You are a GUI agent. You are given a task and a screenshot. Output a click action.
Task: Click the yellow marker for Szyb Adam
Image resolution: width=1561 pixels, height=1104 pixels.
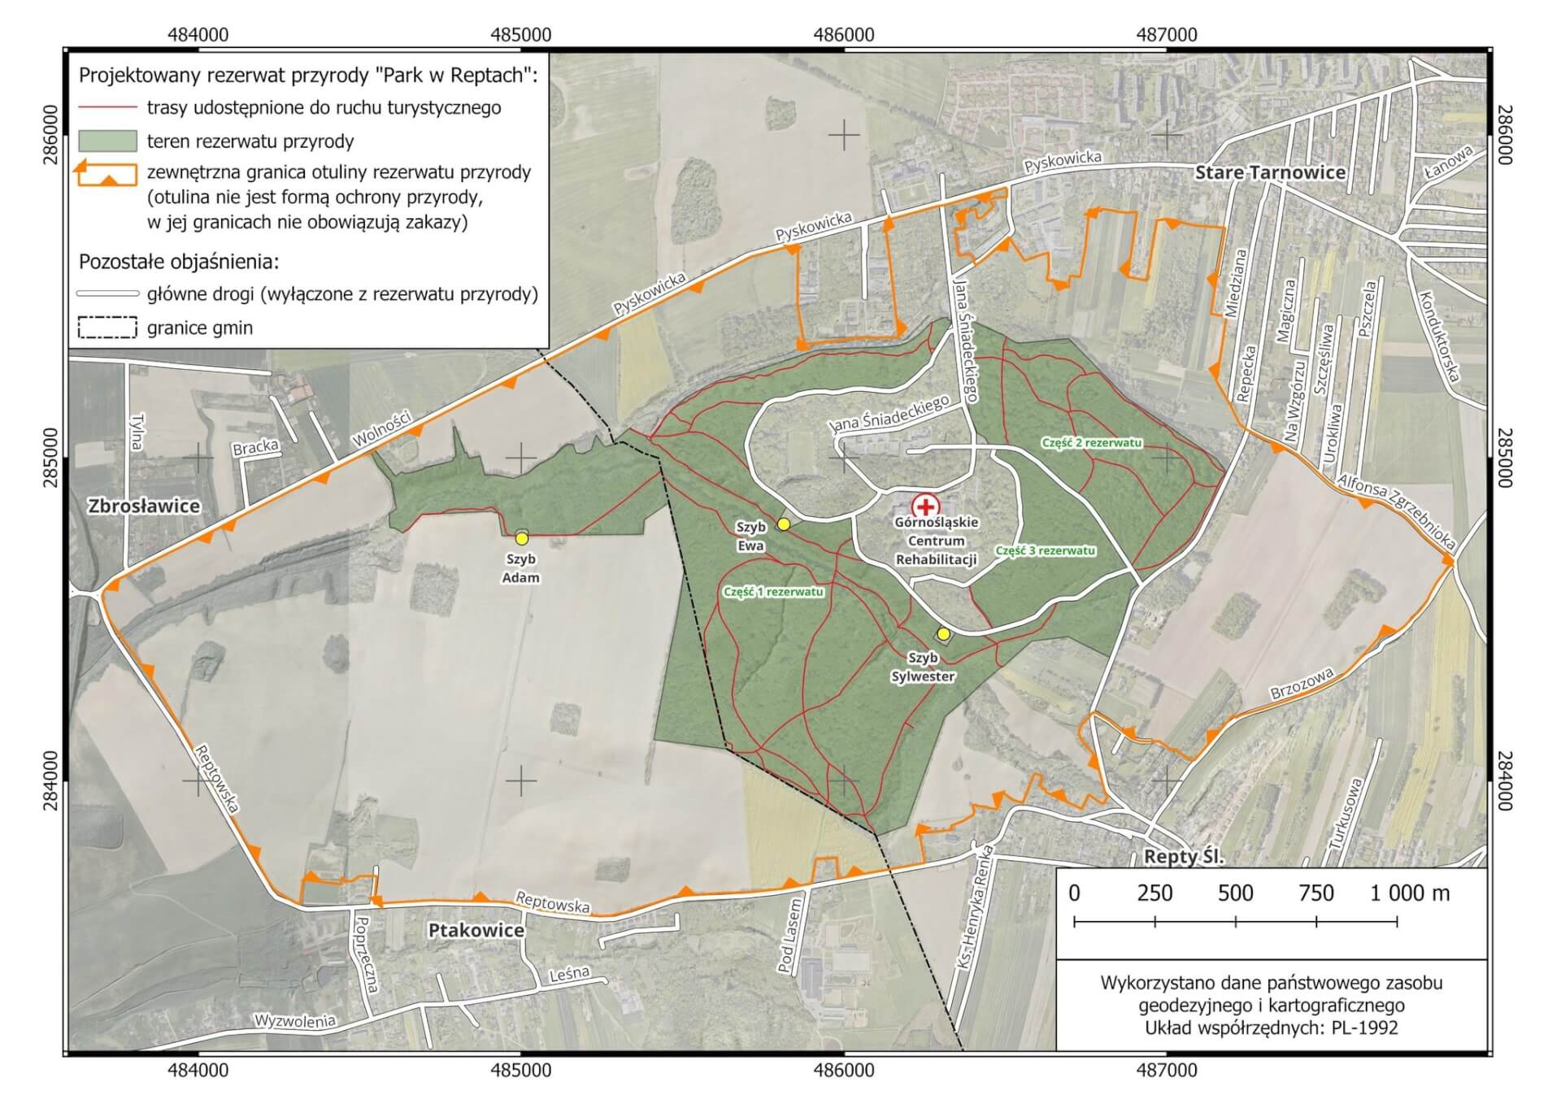click(522, 538)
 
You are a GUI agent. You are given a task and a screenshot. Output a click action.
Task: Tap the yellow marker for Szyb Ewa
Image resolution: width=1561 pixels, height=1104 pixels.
click(783, 524)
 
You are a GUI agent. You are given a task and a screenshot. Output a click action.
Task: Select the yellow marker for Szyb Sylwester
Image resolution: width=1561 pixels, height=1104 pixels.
click(943, 634)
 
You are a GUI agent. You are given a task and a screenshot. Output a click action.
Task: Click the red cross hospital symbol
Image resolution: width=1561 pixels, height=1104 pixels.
click(924, 506)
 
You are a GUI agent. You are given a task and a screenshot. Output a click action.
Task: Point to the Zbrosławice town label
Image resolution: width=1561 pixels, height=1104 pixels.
click(144, 506)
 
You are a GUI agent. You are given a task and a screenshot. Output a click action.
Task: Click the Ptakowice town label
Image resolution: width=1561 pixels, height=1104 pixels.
click(476, 930)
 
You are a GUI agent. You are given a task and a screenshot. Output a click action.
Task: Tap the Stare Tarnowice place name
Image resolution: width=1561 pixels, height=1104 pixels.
click(1270, 172)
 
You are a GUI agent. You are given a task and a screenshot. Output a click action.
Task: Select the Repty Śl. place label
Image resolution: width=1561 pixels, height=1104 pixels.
click(1184, 857)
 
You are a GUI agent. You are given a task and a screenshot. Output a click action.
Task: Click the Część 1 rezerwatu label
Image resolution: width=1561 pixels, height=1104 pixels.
click(773, 592)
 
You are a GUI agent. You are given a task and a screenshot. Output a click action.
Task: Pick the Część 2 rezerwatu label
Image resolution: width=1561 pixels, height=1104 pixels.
click(1092, 443)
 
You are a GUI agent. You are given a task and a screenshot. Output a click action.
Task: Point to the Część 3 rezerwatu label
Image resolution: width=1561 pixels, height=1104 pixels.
click(1046, 550)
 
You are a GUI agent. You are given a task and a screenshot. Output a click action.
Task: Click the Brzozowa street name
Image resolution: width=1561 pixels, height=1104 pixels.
click(1302, 684)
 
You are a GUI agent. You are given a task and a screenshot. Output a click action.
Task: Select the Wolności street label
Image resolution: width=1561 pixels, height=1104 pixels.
click(382, 428)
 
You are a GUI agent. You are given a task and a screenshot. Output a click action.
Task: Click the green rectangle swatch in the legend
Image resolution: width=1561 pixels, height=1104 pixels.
click(107, 141)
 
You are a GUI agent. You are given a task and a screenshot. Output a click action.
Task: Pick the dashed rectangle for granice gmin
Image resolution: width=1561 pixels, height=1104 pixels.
click(107, 328)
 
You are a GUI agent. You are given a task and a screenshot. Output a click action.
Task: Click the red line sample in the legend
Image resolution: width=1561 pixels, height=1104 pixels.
click(107, 106)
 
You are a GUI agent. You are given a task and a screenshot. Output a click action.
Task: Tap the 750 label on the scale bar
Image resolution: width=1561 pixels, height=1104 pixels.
click(1315, 893)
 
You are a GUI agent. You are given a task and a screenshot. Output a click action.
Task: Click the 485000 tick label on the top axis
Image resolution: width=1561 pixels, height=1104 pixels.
click(521, 34)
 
